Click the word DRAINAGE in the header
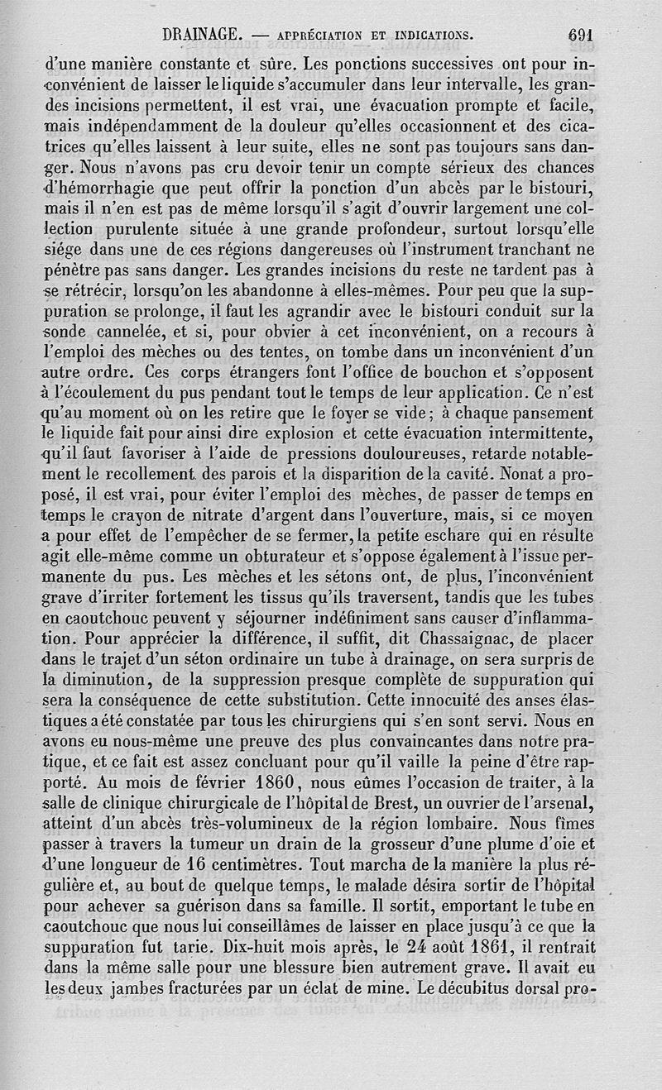[202, 36]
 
